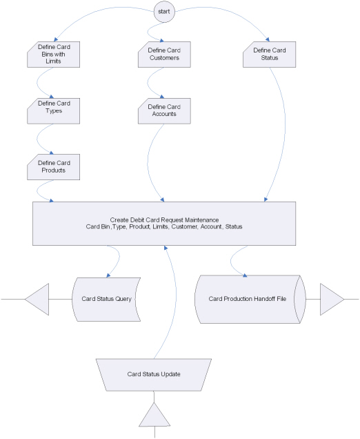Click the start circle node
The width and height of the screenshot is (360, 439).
pos(164,12)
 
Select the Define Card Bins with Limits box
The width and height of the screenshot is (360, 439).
pos(53,55)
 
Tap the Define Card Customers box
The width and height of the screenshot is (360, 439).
pos(164,55)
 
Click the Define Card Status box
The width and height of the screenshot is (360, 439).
pos(269,55)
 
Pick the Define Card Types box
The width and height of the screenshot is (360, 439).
pos(53,111)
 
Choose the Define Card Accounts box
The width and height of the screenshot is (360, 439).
pos(164,111)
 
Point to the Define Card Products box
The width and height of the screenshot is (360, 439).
pos(53,167)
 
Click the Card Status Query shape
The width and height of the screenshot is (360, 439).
pos(106,300)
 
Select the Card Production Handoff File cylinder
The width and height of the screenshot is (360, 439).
pos(250,300)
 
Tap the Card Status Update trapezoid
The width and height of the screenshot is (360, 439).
pos(154,375)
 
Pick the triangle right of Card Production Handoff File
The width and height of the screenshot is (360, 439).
pos(332,300)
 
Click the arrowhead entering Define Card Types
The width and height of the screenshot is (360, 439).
pos(51,97)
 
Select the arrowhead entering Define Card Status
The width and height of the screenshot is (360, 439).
pos(268,40)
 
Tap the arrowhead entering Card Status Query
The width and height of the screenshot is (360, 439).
pos(108,276)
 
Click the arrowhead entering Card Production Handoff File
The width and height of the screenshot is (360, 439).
pos(245,275)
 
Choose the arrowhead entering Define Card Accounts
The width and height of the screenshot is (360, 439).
pos(161,97)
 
